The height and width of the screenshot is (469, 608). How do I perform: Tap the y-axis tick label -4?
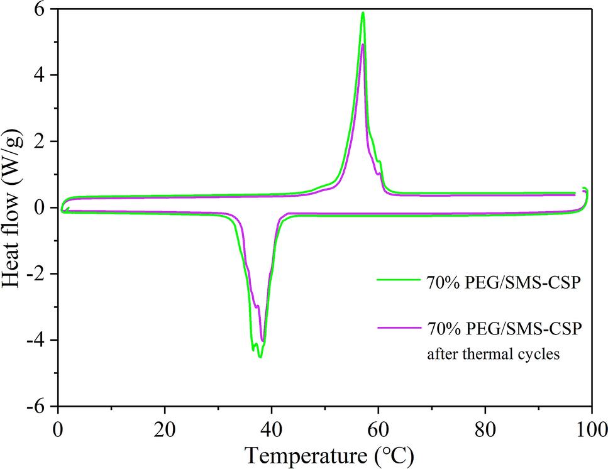pyautogui.click(x=39, y=340)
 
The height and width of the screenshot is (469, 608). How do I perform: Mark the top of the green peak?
pyautogui.click(x=363, y=13)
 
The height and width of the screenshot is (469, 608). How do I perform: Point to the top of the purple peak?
pyautogui.click(x=363, y=44)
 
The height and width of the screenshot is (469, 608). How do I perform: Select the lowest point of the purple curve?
pyautogui.click(x=262, y=341)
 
